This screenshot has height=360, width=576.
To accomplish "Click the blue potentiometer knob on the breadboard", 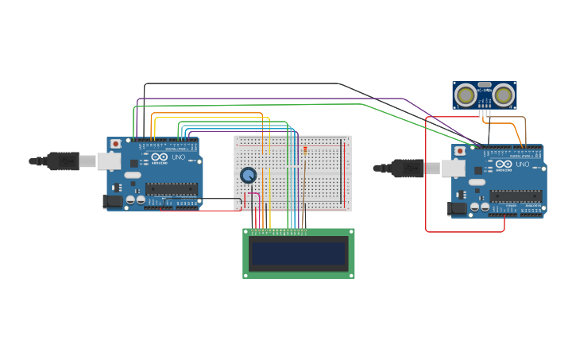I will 249,175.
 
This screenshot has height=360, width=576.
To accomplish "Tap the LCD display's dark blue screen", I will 298,254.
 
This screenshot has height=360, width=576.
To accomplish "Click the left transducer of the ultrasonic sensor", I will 466,95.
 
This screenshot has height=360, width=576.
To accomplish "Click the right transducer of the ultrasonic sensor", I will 503,95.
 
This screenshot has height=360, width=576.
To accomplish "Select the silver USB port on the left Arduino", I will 109,161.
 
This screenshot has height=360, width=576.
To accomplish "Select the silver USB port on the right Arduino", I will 454,168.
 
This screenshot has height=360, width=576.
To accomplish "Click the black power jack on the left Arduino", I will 113,202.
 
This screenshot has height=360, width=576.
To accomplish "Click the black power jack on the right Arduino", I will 458,208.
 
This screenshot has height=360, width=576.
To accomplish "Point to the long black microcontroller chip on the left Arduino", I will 171,188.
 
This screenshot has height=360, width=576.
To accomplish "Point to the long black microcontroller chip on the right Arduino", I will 516,195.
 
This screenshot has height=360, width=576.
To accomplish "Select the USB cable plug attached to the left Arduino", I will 64,161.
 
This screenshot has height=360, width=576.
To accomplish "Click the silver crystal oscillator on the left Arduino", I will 132,175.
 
